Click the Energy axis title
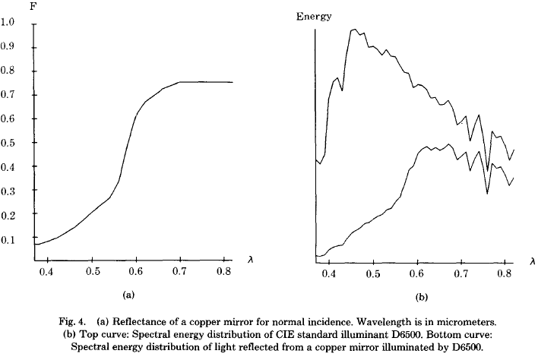[313, 17]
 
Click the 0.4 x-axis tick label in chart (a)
[47, 271]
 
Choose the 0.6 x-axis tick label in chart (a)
[135, 271]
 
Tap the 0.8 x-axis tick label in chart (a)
[224, 271]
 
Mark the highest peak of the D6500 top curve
[354, 30]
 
